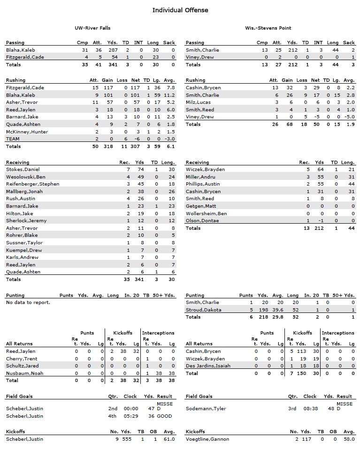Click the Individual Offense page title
click(x=180, y=10)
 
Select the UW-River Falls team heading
click(x=92, y=28)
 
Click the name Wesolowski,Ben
click(x=26, y=177)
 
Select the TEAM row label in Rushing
click(x=13, y=139)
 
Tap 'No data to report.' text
click(x=28, y=303)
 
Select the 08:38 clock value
click(x=310, y=408)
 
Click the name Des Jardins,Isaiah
click(x=208, y=366)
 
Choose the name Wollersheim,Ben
click(x=207, y=213)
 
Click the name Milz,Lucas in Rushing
click(x=199, y=102)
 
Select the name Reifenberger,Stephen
click(x=33, y=184)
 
